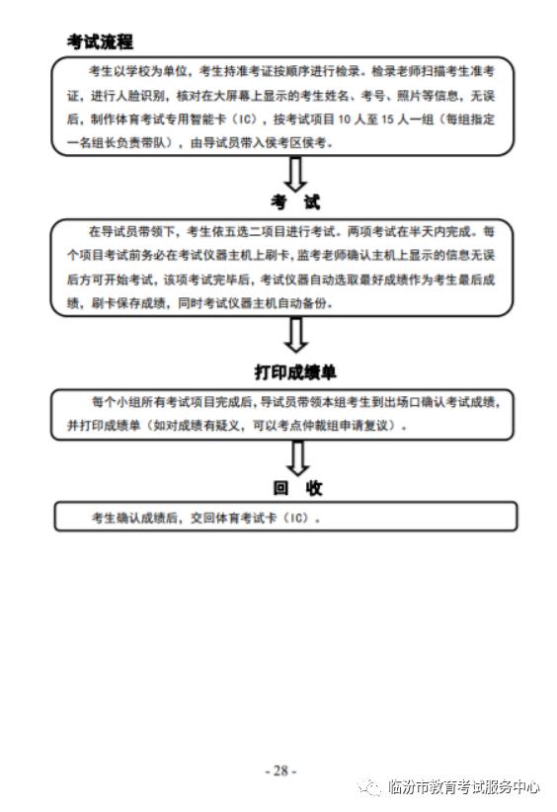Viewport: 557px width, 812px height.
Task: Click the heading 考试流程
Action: click(x=100, y=41)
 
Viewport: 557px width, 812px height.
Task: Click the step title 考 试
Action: click(x=295, y=202)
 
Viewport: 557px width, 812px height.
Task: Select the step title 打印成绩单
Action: click(x=295, y=372)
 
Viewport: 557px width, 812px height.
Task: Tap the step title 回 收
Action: click(x=296, y=487)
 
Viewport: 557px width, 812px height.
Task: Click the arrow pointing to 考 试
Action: click(x=295, y=174)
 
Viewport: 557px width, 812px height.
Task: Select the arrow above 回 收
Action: click(x=296, y=456)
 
